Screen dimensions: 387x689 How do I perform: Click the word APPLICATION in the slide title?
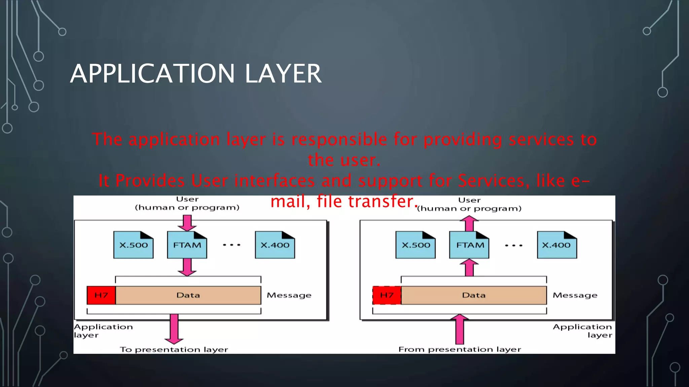point(152,74)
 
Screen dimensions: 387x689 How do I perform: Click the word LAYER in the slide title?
point(283,74)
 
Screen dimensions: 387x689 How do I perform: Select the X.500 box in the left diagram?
point(133,245)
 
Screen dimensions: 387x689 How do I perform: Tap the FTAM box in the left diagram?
point(187,245)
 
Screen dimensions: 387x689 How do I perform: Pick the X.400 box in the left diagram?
point(275,245)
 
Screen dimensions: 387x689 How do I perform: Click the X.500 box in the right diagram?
point(415,245)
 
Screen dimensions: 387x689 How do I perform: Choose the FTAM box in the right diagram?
point(469,245)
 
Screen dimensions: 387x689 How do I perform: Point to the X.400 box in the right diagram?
point(557,245)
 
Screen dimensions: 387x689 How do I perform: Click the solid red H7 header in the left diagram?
point(101,295)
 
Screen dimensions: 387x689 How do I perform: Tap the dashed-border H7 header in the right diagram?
point(387,295)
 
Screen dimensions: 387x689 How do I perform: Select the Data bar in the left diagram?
point(188,295)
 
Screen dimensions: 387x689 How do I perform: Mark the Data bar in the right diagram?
point(474,295)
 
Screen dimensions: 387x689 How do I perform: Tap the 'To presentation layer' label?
point(174,350)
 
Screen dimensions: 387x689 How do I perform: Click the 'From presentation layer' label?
point(460,349)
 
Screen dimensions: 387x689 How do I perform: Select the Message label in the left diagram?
point(289,295)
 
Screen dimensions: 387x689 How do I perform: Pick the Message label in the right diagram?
point(575,295)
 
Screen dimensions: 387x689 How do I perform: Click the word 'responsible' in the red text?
point(339,139)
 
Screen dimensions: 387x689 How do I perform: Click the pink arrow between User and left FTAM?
point(187,223)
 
